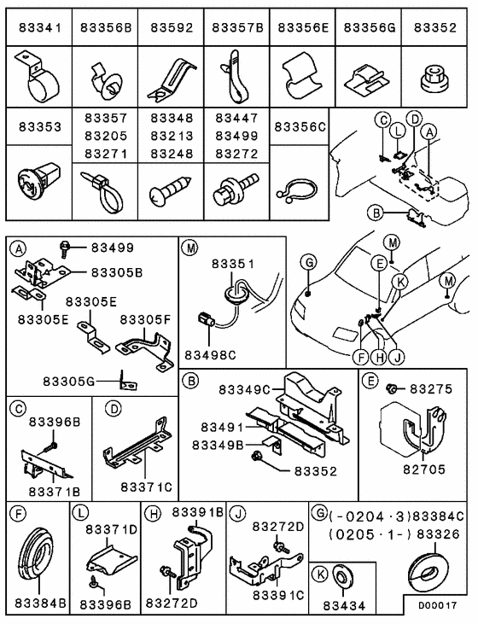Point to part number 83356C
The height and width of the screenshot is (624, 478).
coord(300,127)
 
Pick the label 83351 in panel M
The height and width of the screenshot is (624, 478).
coord(232,265)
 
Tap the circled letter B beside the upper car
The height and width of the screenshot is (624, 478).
coord(374,213)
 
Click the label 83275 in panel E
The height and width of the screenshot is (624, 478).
coord(430,388)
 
